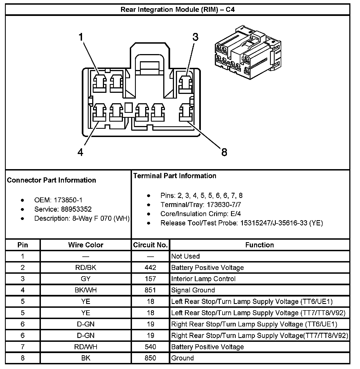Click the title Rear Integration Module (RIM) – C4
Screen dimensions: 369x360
(x=178, y=10)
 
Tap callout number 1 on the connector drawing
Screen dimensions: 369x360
(x=81, y=37)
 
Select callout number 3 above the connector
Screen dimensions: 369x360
(x=195, y=37)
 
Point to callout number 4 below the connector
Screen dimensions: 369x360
(x=80, y=152)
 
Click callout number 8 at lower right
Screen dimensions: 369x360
(x=224, y=152)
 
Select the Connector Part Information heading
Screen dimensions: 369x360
(x=52, y=180)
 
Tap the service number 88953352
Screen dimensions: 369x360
(x=76, y=209)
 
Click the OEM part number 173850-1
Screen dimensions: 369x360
(x=68, y=200)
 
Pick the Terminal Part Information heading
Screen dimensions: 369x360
(x=175, y=176)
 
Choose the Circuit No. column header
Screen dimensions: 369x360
(x=150, y=245)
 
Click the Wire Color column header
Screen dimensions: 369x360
(x=86, y=245)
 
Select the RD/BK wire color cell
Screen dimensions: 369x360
(x=86, y=268)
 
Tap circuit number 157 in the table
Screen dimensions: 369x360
(x=150, y=279)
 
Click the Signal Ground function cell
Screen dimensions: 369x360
(x=193, y=290)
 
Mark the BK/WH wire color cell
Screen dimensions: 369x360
(x=86, y=290)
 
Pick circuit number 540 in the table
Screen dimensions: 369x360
(x=150, y=347)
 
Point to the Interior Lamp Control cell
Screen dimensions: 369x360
(x=203, y=279)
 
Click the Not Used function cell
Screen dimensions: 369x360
(x=185, y=256)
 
